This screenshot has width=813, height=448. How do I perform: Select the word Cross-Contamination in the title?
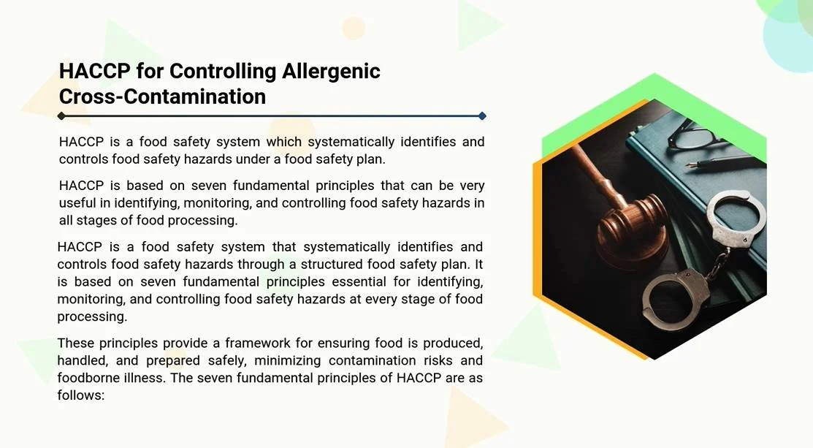click(x=162, y=96)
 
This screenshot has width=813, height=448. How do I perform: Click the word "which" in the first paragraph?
click(x=283, y=142)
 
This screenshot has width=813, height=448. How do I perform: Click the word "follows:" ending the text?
click(x=81, y=395)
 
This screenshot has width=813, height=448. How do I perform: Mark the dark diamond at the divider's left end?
click(x=61, y=116)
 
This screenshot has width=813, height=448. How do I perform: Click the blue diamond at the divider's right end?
click(x=482, y=116)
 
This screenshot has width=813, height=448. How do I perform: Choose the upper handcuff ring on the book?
click(x=736, y=218)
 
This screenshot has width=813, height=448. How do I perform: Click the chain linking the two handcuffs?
click(x=719, y=264)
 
